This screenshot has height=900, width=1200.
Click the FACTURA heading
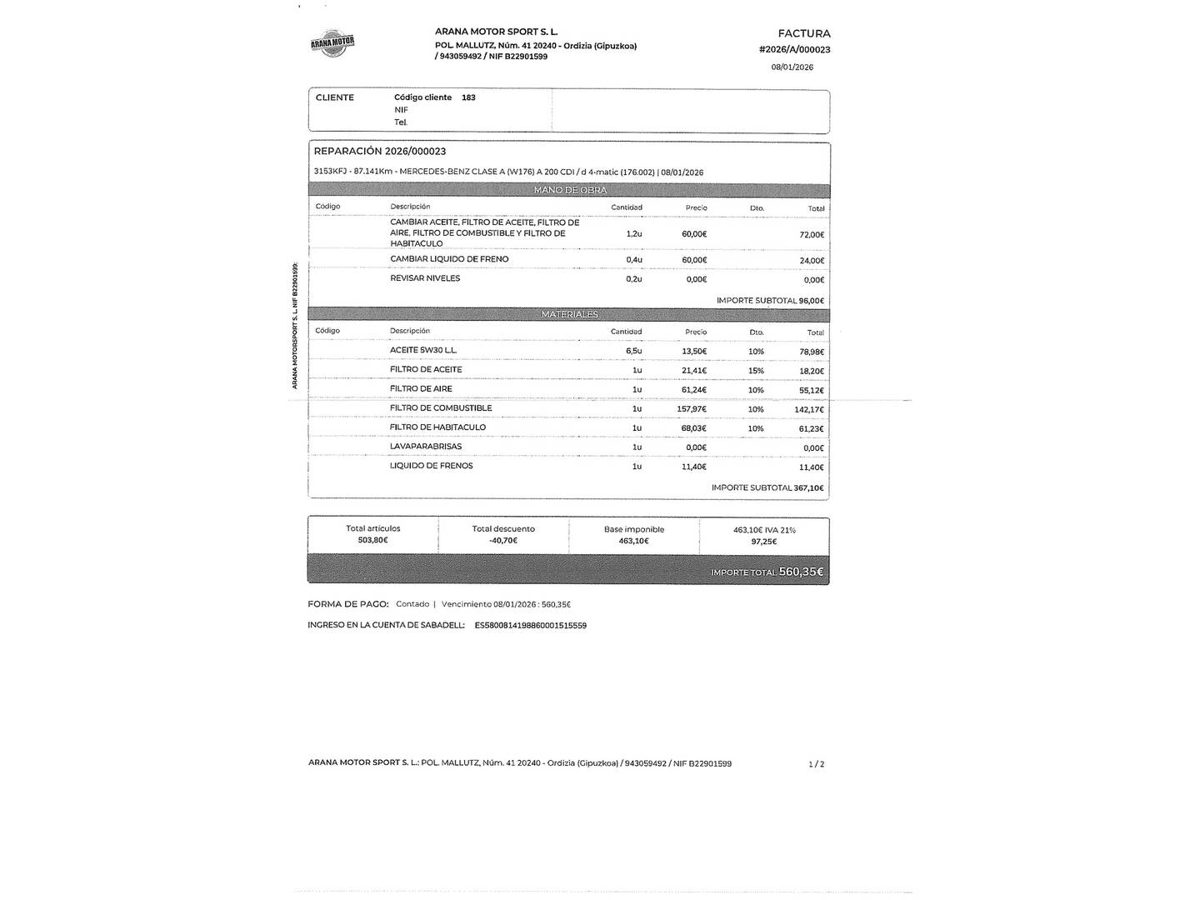coord(804,34)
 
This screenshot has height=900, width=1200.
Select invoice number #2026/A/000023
coord(794,50)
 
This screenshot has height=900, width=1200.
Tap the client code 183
coord(468,97)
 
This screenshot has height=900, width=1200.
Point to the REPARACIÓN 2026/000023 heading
coord(380,152)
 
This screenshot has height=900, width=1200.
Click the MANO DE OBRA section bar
coord(570,190)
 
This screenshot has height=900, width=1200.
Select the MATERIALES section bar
coord(570,314)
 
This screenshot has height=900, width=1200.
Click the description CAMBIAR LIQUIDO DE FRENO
coord(449,259)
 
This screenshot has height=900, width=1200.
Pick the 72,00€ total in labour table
coord(812,235)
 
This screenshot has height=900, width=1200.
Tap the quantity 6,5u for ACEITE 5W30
coord(634,351)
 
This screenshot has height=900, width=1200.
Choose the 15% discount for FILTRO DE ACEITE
coord(756,371)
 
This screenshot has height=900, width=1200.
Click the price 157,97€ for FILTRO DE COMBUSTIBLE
coord(692,409)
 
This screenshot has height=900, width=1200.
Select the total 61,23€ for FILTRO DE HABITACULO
coord(812,429)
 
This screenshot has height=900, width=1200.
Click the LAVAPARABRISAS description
coord(426,447)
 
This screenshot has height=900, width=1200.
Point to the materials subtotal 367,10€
coord(808,488)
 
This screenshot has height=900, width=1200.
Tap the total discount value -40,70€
coord(503,541)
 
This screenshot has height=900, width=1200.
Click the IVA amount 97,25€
coord(763,542)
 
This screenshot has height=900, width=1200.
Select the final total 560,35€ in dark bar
coord(801,572)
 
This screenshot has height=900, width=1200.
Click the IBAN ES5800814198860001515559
coord(531,625)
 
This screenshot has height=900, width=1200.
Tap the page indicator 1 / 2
coord(817,764)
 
